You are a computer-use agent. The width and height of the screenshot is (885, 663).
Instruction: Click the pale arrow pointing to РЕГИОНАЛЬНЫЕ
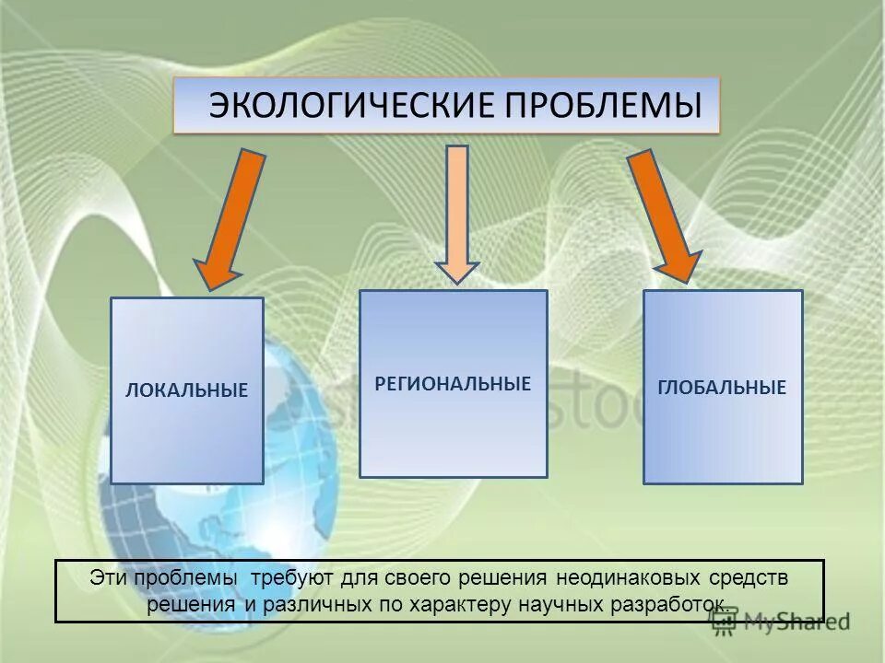(x=457, y=212)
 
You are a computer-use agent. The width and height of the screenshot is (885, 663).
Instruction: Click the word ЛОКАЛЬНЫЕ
(x=187, y=390)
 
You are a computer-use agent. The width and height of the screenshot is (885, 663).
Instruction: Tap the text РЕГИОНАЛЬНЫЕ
(x=453, y=383)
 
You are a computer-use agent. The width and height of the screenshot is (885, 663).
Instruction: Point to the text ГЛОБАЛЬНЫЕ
(x=722, y=388)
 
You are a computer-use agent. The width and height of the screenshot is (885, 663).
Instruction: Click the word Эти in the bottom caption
(x=108, y=577)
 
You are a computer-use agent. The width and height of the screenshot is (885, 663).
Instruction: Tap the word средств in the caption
(x=749, y=577)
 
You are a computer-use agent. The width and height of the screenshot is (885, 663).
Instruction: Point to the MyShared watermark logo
(x=779, y=622)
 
